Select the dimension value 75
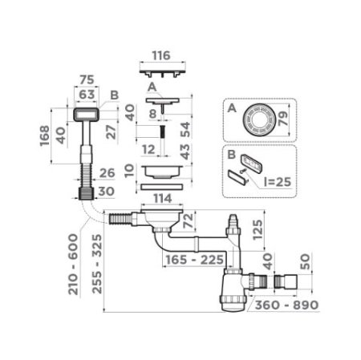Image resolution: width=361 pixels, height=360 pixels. [87, 81]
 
